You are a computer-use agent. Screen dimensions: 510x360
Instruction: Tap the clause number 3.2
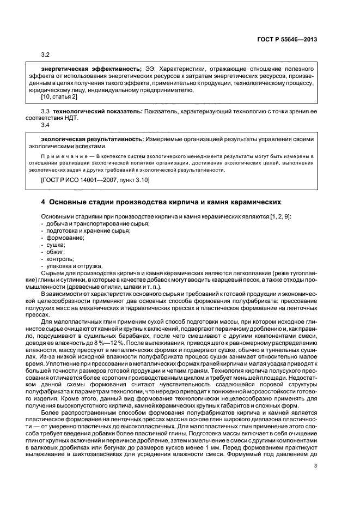click(45, 56)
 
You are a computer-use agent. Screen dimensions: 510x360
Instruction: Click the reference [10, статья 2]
click(59, 97)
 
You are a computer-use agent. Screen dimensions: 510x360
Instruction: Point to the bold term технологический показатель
click(89, 111)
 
